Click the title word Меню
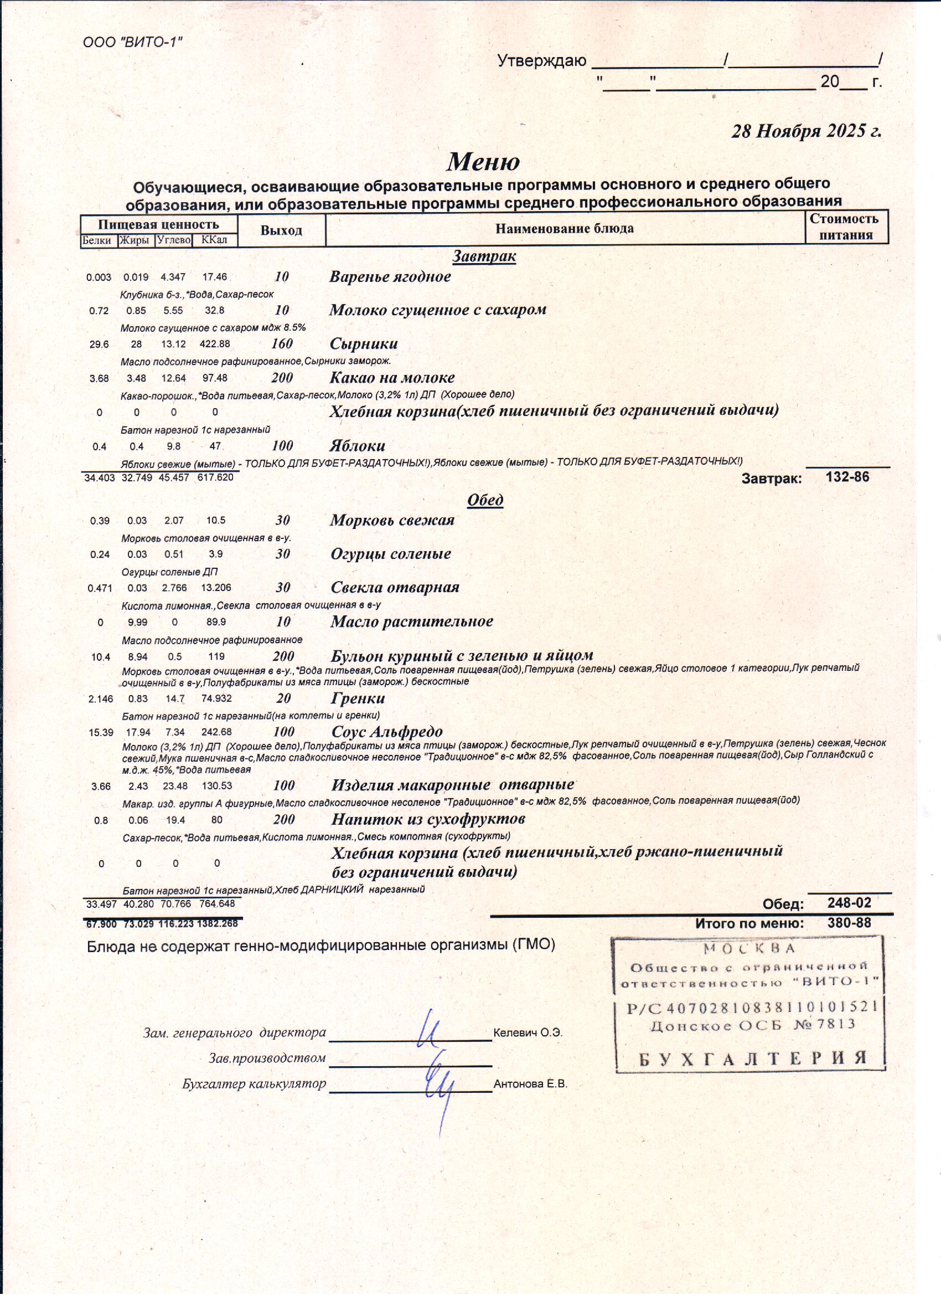(483, 162)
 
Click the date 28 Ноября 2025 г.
(806, 131)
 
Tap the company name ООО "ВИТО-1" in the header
(132, 42)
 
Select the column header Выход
(281, 230)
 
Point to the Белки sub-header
(97, 240)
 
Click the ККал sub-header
(214, 240)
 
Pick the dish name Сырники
(364, 344)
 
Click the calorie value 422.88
(215, 345)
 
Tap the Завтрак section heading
(484, 256)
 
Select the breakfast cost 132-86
(847, 477)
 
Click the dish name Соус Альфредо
(387, 732)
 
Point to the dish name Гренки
(358, 698)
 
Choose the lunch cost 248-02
(849, 903)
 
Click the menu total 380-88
(849, 923)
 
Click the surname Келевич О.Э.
(528, 1033)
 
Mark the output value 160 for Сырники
(282, 344)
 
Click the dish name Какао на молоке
(392, 377)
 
